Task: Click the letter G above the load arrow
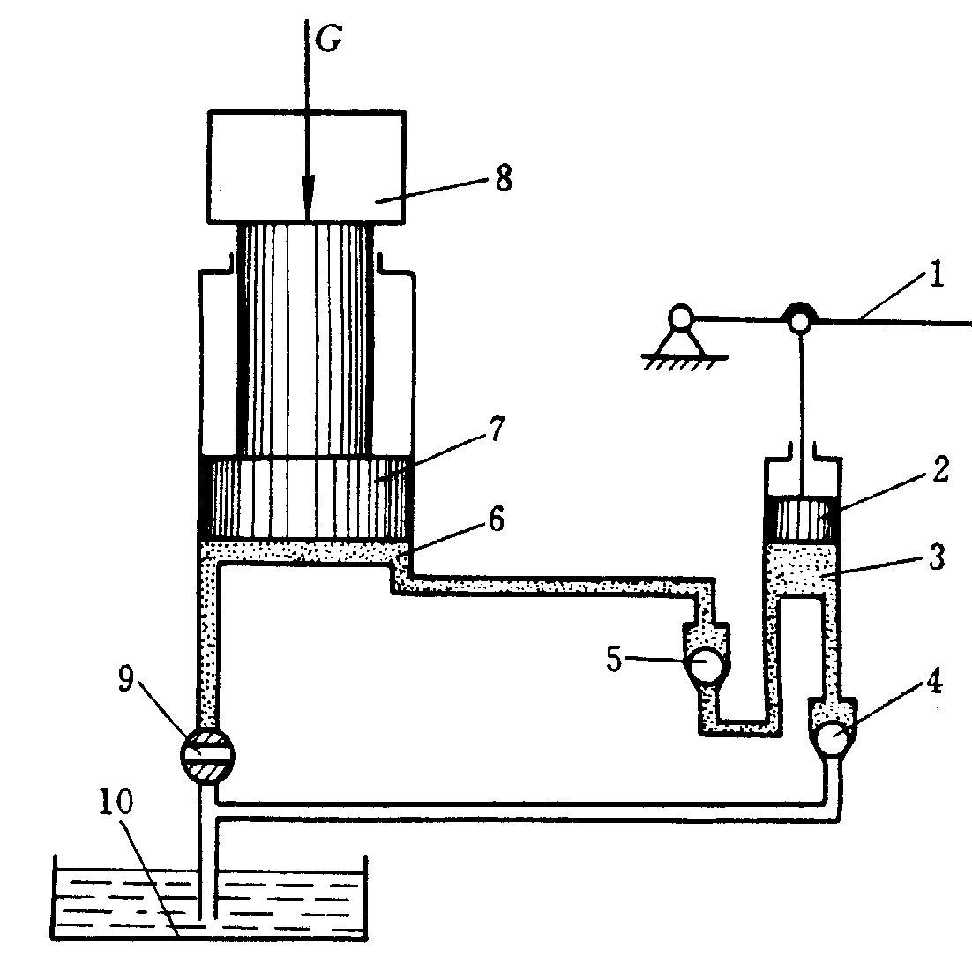point(328,40)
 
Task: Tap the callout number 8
point(504,178)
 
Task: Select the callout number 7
point(497,429)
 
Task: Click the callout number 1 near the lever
point(937,274)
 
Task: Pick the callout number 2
point(940,469)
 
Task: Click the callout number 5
point(614,658)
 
